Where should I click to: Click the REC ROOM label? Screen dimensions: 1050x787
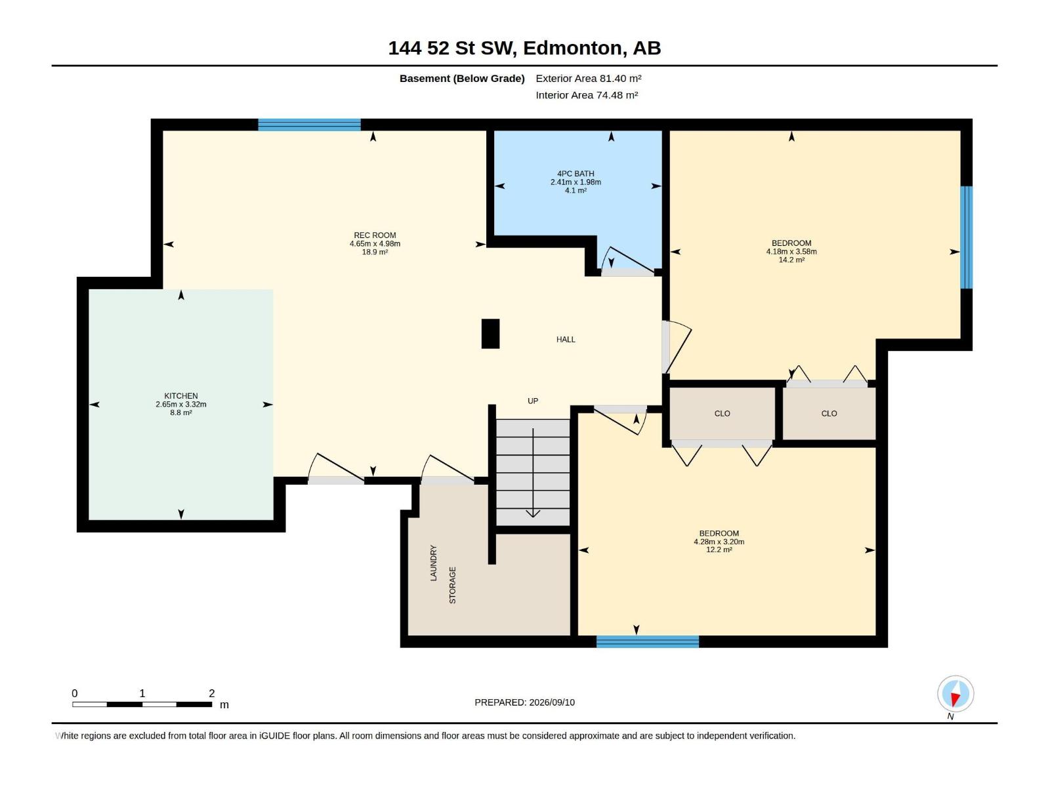(375, 235)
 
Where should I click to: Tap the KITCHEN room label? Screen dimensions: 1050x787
(181, 395)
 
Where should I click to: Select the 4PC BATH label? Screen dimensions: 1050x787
(576, 173)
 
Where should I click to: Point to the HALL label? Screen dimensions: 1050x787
(566, 339)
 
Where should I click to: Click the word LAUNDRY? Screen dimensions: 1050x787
(433, 563)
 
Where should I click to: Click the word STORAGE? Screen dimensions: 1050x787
(453, 585)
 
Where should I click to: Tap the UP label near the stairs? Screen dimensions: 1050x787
(532, 401)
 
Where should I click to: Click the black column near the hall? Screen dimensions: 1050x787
(490, 334)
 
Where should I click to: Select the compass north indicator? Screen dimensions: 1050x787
(955, 694)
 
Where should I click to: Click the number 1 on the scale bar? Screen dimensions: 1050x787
(142, 693)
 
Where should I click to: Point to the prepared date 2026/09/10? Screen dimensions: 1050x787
(551, 702)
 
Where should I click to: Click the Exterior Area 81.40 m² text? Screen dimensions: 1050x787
(588, 78)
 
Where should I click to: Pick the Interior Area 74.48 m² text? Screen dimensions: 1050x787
(587, 95)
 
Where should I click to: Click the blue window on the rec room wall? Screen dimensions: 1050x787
(309, 124)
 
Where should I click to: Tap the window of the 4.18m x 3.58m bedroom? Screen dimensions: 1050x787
(966, 237)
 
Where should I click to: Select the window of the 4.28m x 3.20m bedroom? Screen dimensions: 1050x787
(647, 641)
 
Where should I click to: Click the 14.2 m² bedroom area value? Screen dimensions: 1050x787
(791, 260)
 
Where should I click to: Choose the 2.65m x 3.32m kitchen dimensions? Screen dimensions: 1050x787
(181, 404)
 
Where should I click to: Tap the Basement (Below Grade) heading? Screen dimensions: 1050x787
(462, 78)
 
